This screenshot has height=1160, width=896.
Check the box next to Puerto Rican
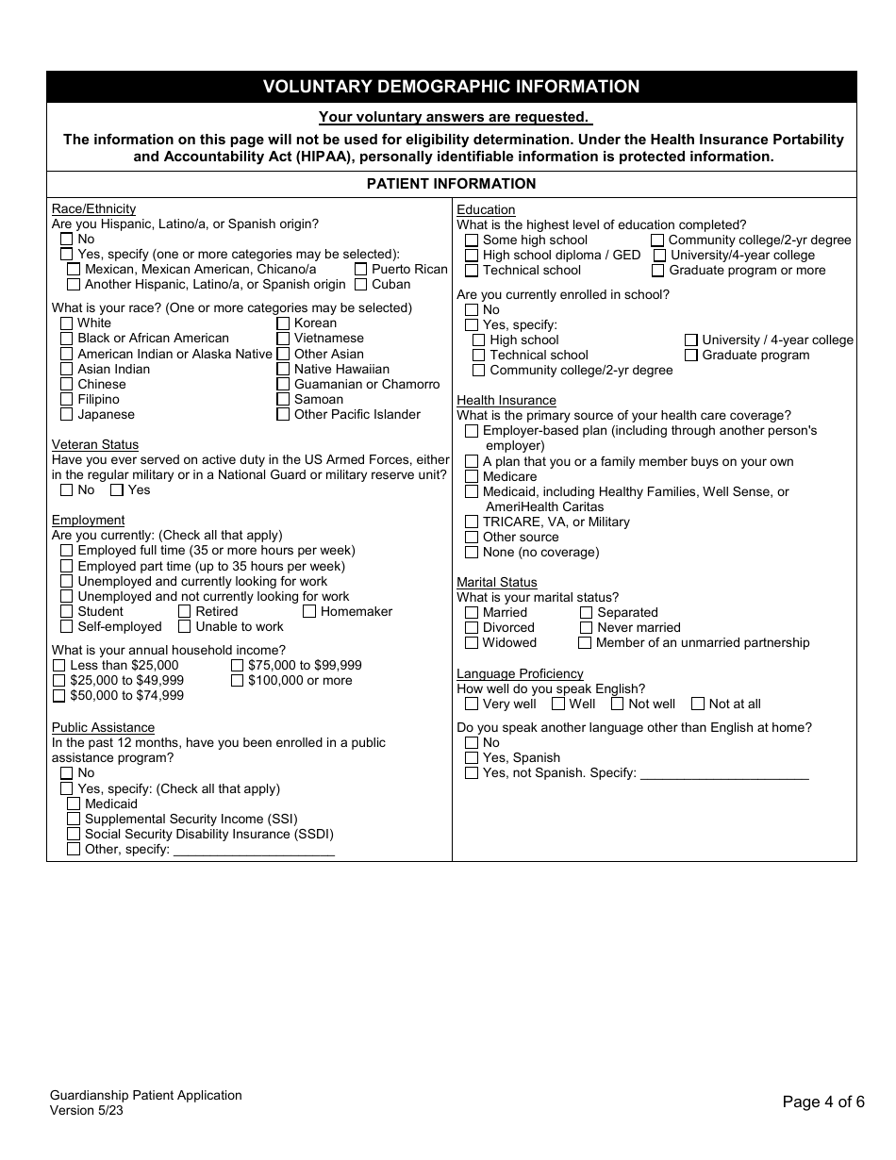pyautogui.click(x=361, y=269)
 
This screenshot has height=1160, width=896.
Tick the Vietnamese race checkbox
pyautogui.click(x=283, y=338)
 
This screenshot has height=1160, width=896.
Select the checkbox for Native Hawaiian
pyautogui.click(x=283, y=369)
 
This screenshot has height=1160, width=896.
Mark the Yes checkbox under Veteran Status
pyautogui.click(x=117, y=489)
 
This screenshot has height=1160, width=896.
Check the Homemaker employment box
pyautogui.click(x=309, y=611)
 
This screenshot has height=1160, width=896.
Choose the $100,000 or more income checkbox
pyautogui.click(x=238, y=680)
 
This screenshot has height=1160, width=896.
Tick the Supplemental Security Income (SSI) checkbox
pyautogui.click(x=74, y=819)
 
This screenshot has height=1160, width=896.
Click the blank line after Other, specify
pyautogui.click(x=254, y=849)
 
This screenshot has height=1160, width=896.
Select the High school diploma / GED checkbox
pyautogui.click(x=472, y=255)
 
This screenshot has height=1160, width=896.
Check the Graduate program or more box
pyautogui.click(x=658, y=270)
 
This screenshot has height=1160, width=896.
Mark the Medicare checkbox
pyautogui.click(x=472, y=476)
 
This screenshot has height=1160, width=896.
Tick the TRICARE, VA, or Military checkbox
pyautogui.click(x=472, y=522)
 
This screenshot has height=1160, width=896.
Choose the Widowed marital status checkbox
pyautogui.click(x=472, y=642)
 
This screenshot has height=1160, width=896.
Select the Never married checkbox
pyautogui.click(x=586, y=627)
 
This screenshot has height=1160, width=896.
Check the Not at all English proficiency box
pyautogui.click(x=698, y=704)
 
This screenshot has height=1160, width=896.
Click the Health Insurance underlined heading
pyautogui.click(x=506, y=400)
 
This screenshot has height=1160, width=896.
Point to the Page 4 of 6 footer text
pyautogui.click(x=822, y=1102)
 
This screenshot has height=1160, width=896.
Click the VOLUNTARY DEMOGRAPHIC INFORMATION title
pyautogui.click(x=451, y=87)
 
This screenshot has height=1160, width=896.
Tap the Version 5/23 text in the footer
pyautogui.click(x=87, y=1110)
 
